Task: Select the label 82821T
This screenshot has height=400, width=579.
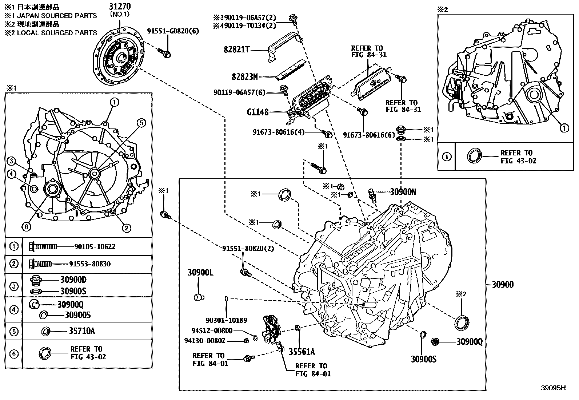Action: (236, 50)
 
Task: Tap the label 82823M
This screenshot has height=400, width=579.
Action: (244, 77)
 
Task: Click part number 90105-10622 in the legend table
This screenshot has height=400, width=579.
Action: (95, 247)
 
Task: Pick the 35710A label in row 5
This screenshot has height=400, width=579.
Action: (82, 331)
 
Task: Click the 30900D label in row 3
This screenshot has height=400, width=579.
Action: (73, 280)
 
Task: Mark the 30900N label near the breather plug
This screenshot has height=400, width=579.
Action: (403, 192)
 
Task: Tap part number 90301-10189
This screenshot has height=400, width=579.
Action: (226, 320)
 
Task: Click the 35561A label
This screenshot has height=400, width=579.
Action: (302, 352)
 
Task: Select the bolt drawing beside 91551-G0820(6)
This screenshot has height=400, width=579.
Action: (165, 54)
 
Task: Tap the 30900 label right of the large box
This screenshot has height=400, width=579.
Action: (503, 285)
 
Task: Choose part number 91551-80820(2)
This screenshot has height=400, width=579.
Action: (248, 248)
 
